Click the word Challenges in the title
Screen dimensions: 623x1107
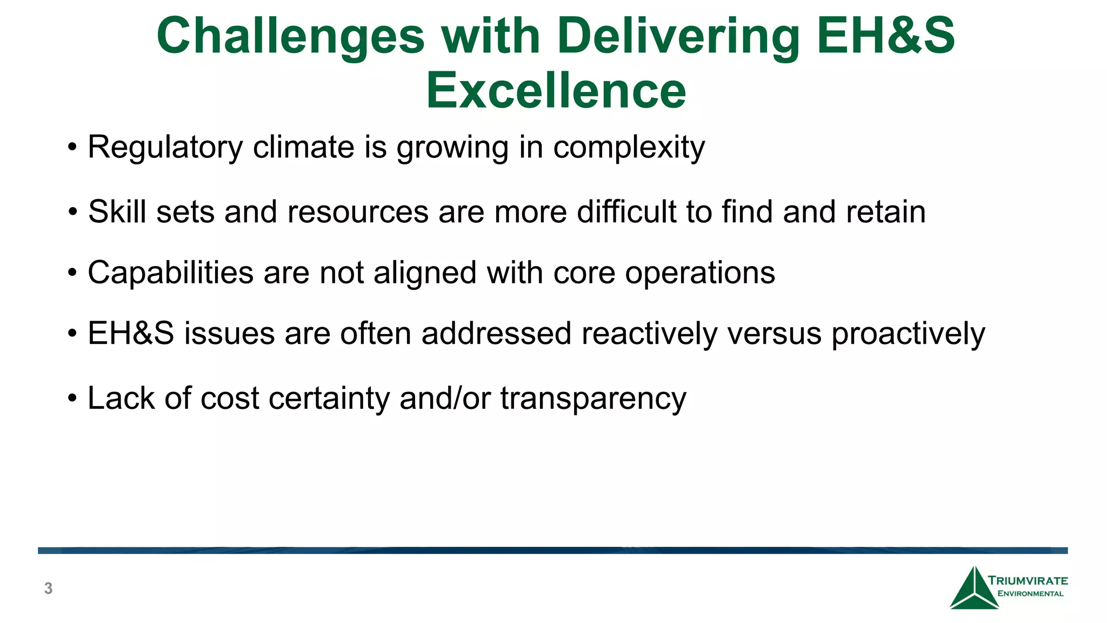(291, 37)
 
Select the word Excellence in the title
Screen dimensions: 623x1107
(556, 91)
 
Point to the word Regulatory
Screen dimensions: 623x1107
(165, 147)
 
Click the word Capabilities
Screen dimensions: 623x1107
(170, 273)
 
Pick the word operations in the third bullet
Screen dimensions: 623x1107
(700, 273)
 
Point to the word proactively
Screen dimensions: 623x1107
(908, 334)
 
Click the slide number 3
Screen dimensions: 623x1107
(48, 588)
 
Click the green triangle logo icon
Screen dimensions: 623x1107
(973, 590)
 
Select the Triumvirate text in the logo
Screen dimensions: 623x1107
(1028, 581)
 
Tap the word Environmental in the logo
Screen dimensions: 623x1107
(1030, 594)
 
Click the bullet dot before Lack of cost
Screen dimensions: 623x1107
(72, 399)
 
